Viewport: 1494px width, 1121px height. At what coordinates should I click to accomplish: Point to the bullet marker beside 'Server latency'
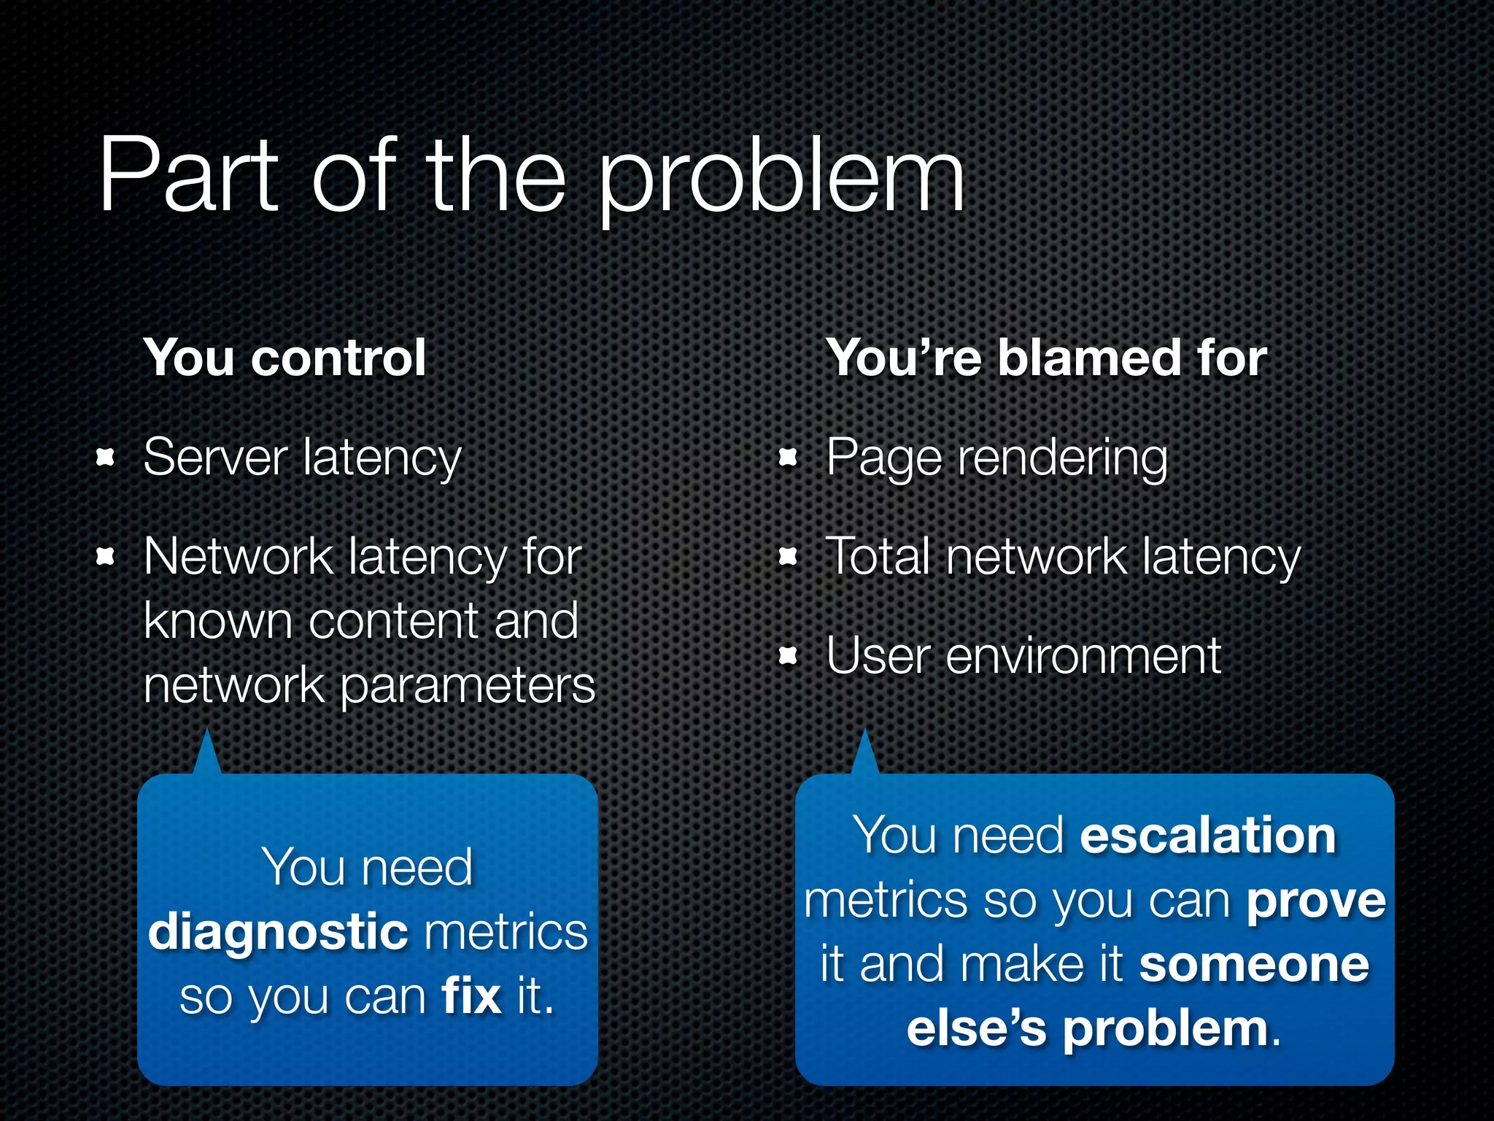pyautogui.click(x=106, y=458)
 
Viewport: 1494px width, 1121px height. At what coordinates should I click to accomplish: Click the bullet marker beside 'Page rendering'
pyautogui.click(x=788, y=458)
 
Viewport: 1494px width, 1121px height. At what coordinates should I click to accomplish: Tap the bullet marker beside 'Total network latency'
pyautogui.click(x=788, y=558)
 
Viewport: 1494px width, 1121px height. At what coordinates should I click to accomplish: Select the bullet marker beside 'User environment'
pyautogui.click(x=788, y=656)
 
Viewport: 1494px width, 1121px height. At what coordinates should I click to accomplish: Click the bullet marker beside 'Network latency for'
pyautogui.click(x=106, y=558)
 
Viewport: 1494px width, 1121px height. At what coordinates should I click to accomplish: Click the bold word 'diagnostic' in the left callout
pyautogui.click(x=277, y=933)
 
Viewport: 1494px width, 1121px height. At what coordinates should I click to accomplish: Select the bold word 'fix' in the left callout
pyautogui.click(x=471, y=995)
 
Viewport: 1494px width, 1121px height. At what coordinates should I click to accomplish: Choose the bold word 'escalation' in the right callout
pyautogui.click(x=1207, y=835)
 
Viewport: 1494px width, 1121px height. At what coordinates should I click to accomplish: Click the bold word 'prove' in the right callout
pyautogui.click(x=1316, y=901)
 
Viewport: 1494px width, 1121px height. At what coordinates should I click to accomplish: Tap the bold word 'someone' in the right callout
pyautogui.click(x=1254, y=964)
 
